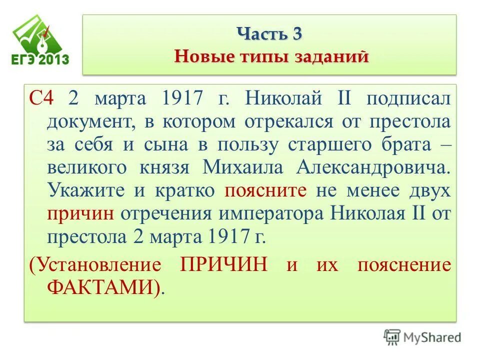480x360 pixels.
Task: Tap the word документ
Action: tap(90, 120)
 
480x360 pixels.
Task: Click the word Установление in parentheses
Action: tap(95, 264)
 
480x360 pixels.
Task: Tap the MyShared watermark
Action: tap(422, 336)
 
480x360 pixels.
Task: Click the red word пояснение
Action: tap(404, 264)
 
